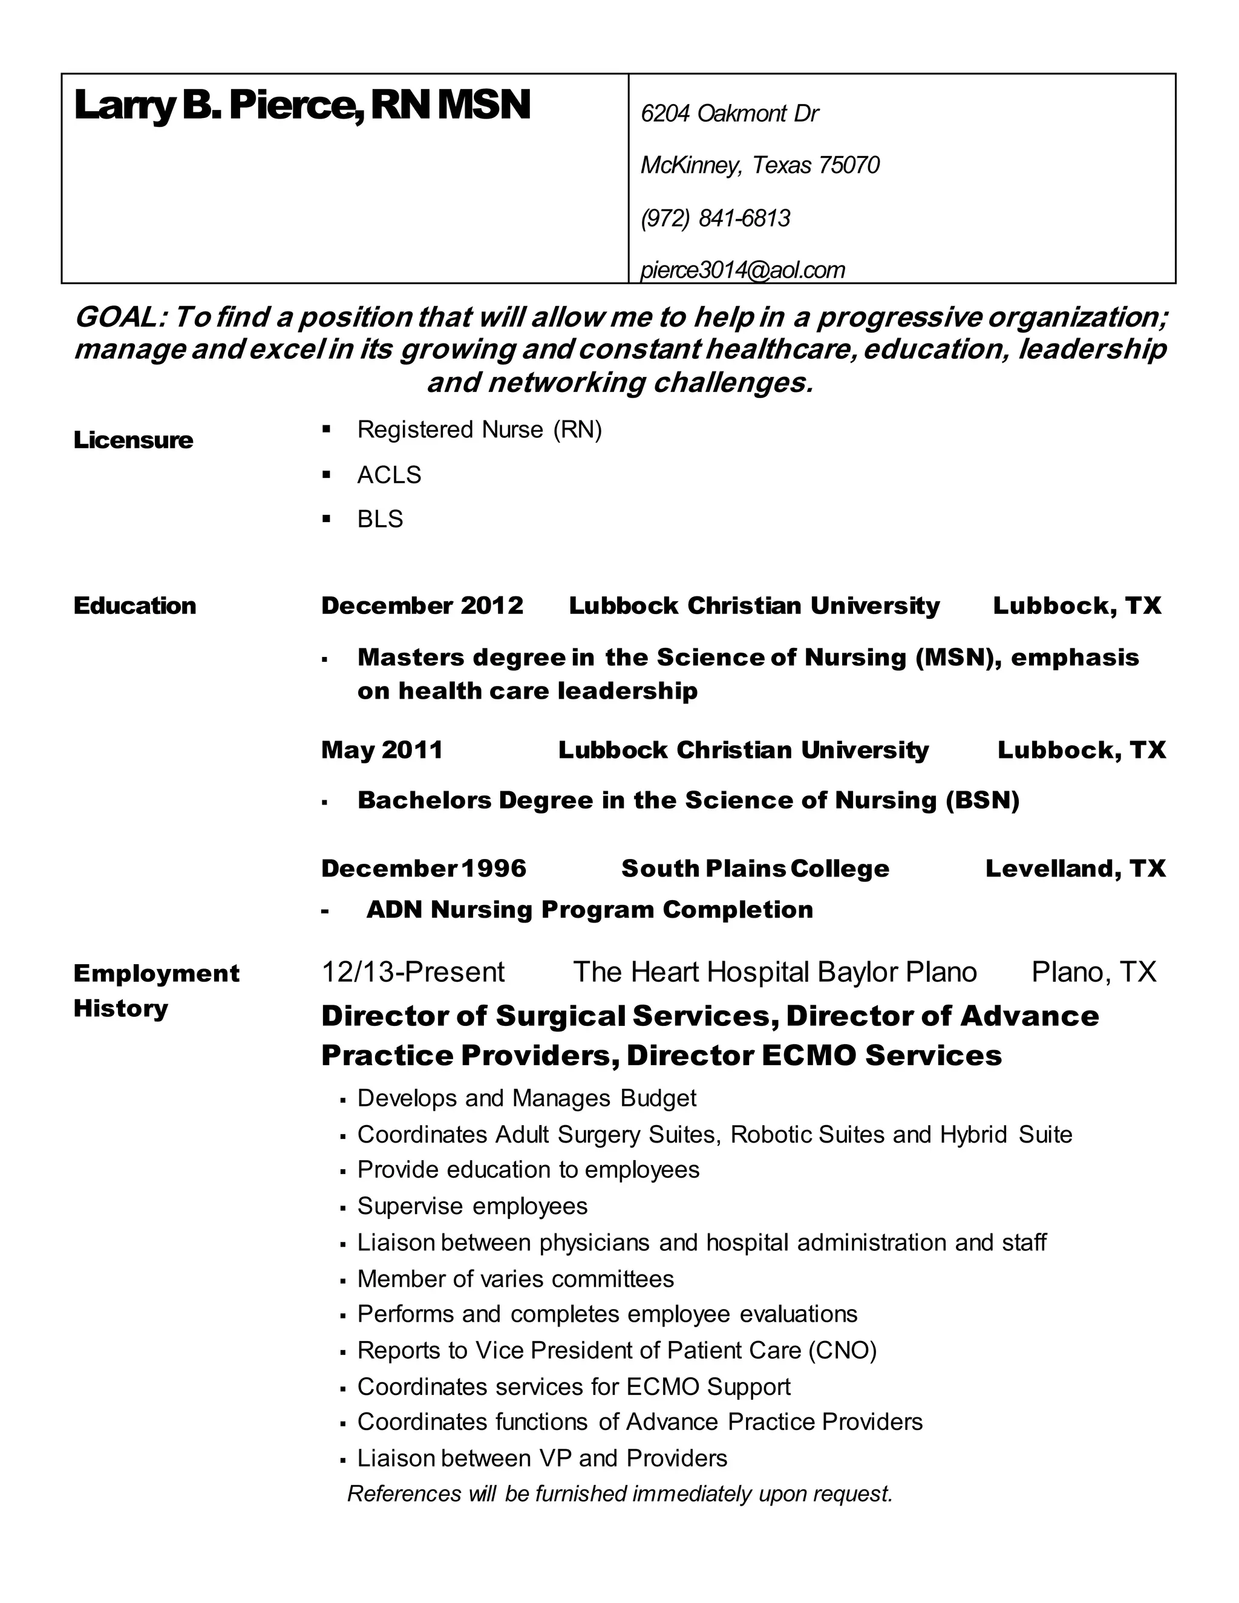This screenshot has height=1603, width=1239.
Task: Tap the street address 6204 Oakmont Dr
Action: pos(729,114)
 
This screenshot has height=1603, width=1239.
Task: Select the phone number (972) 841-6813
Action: pos(715,218)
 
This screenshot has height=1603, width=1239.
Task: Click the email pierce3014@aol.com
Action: pos(742,270)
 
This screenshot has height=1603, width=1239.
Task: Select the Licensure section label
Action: pos(133,440)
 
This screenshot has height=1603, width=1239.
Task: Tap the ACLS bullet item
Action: pos(389,475)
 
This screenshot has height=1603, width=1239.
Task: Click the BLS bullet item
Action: pos(379,519)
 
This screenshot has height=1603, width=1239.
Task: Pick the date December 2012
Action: pos(422,606)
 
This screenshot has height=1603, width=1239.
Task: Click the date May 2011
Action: pos(382,749)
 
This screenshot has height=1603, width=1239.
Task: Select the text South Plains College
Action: pos(754,868)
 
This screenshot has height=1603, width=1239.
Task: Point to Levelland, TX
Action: pos(1074,868)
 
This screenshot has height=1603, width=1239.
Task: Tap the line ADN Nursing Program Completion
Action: pos(589,909)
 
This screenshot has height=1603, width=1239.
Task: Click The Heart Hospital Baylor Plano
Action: pos(774,972)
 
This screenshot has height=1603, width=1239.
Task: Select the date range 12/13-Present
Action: pos(413,972)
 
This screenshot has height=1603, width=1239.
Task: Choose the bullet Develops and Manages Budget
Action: pos(526,1098)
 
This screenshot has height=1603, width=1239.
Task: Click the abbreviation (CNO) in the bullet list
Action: pos(842,1351)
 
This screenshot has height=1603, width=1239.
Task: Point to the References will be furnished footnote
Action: pos(619,1494)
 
